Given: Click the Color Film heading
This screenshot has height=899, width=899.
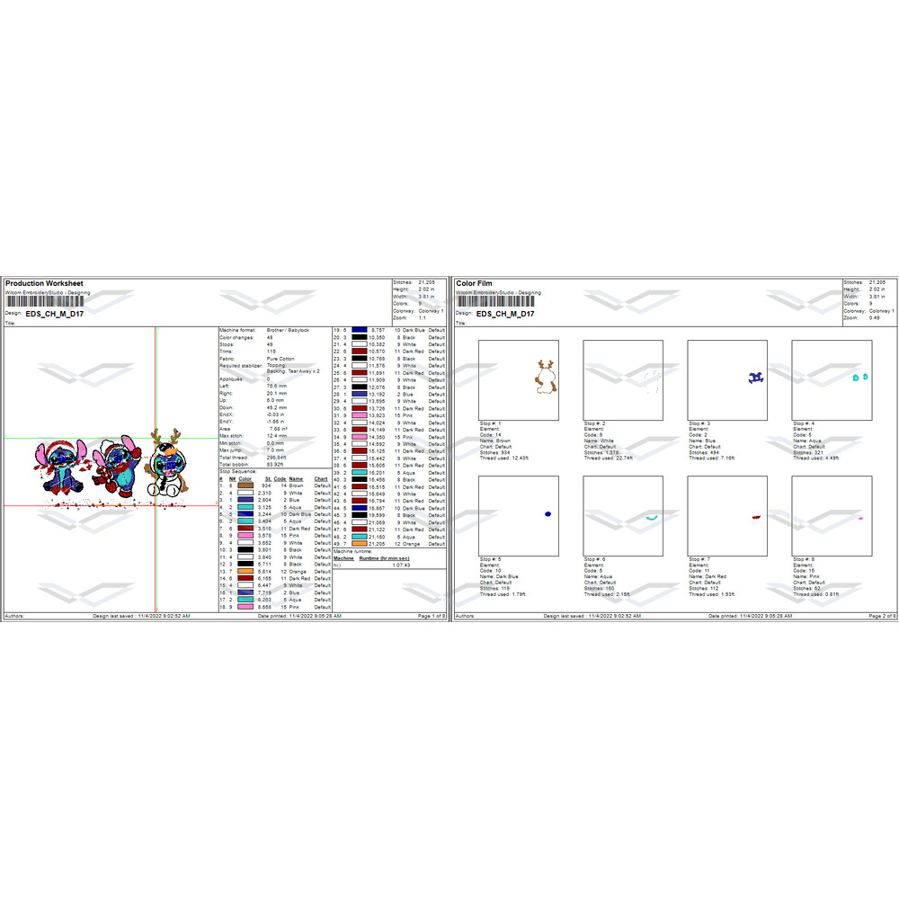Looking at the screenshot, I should [x=474, y=283].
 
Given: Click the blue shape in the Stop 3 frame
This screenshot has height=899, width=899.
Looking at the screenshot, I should [x=757, y=378].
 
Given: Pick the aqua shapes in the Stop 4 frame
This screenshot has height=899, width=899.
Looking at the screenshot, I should [x=860, y=378].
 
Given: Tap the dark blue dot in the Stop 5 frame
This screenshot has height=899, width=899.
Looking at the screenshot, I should [x=547, y=513].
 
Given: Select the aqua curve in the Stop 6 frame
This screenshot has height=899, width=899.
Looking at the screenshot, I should [x=652, y=518].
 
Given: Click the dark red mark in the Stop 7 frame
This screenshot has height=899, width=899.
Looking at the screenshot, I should [x=756, y=517].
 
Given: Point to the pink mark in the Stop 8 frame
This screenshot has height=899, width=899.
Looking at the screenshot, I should [x=860, y=519].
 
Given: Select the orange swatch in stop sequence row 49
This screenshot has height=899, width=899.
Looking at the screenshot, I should [x=360, y=544].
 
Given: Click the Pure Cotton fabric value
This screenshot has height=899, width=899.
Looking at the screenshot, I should [x=281, y=359].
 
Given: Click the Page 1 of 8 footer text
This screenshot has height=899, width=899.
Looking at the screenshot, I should [x=428, y=617].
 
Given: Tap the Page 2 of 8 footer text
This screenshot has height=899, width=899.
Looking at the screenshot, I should [x=878, y=617].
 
